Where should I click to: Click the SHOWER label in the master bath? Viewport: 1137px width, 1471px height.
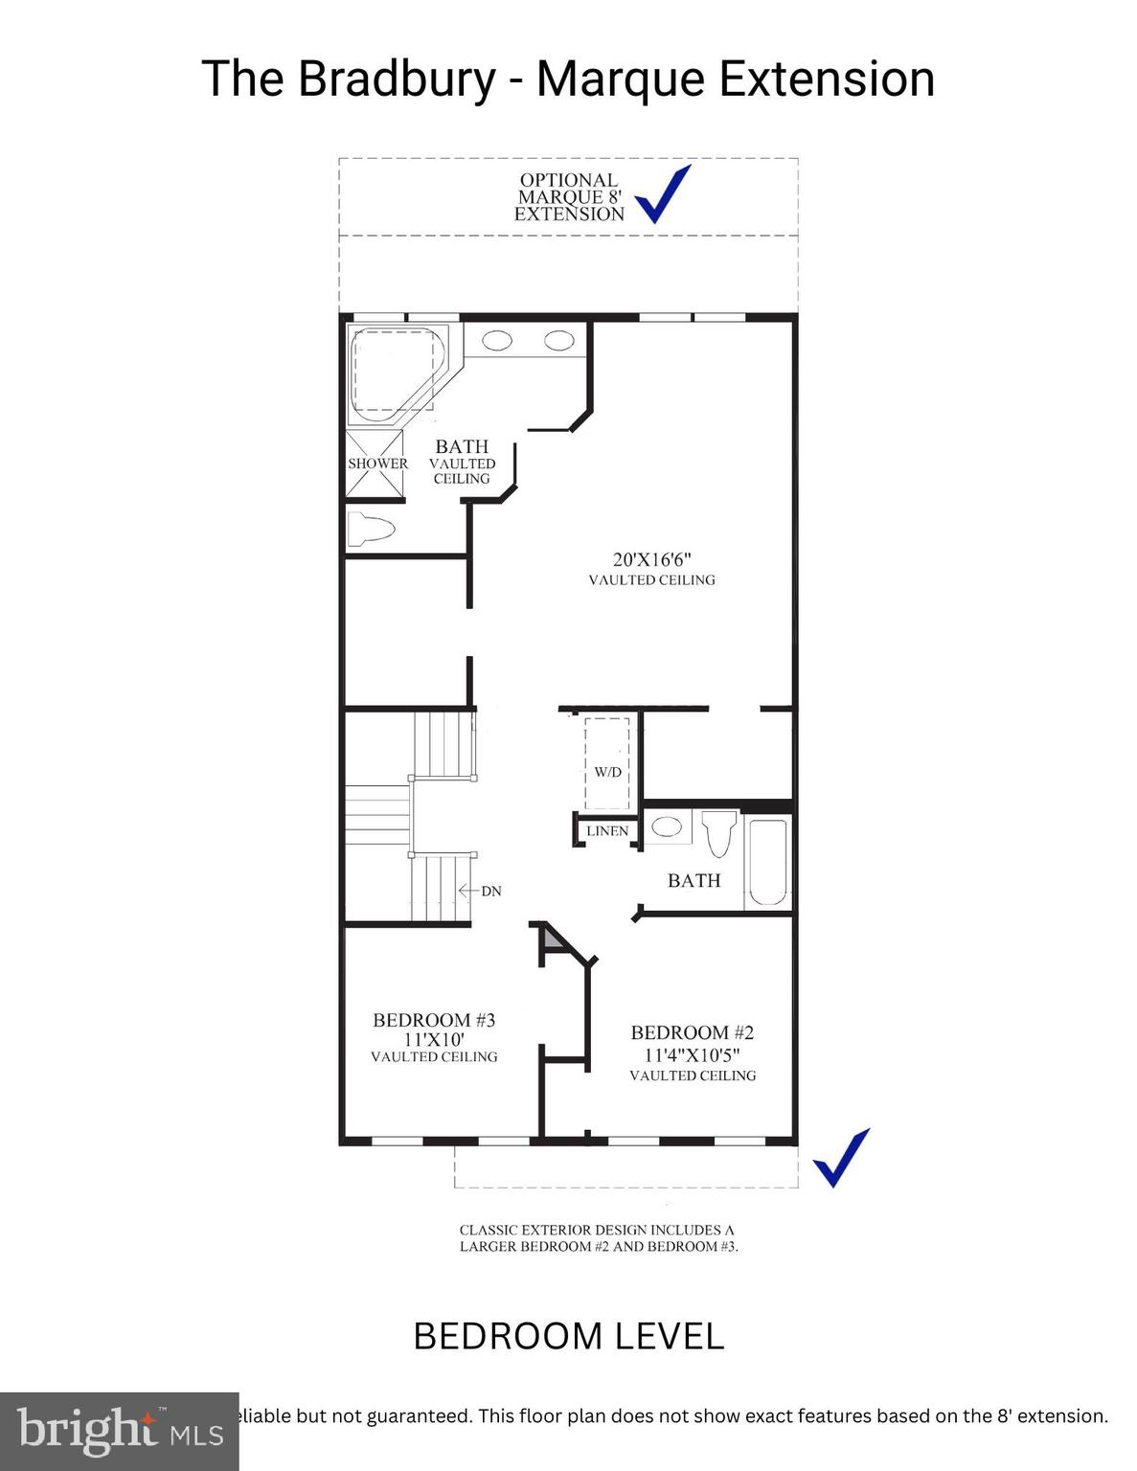tap(377, 464)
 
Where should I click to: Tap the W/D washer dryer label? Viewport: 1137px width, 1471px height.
tap(607, 772)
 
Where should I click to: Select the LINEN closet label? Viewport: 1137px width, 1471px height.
tap(607, 831)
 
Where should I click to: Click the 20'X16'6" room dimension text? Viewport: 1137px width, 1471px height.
tap(651, 559)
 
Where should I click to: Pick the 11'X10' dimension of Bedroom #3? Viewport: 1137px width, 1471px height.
tap(434, 1039)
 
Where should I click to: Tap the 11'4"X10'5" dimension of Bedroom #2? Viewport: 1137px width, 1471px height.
tap(693, 1054)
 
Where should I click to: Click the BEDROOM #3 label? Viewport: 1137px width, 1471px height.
tap(434, 1020)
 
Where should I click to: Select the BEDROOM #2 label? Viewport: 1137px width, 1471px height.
tap(693, 1032)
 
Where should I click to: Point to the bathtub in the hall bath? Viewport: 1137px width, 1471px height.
tap(767, 861)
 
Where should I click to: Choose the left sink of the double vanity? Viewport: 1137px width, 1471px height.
tap(496, 340)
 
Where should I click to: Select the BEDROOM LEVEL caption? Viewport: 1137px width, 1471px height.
tap(568, 1336)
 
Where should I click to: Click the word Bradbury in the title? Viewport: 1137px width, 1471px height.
tap(397, 79)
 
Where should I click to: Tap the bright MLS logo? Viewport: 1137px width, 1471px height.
tap(119, 1431)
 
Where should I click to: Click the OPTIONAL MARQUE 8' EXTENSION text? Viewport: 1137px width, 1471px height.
tap(569, 197)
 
